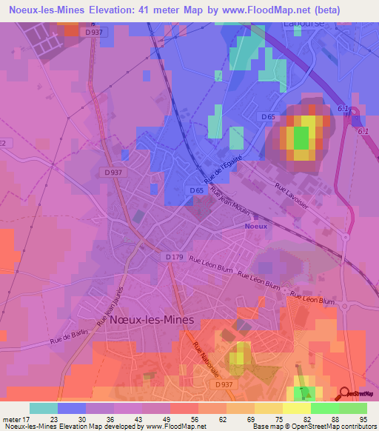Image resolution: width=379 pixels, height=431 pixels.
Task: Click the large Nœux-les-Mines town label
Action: pos(151,320)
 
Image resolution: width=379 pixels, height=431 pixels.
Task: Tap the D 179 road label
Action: pos(174,257)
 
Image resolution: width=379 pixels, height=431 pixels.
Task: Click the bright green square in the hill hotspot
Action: pos(301,138)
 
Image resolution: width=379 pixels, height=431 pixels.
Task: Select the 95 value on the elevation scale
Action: pos(363,419)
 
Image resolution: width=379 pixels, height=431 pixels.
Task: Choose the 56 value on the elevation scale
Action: pos(193,419)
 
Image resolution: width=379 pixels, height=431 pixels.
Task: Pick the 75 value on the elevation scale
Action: pos(278,419)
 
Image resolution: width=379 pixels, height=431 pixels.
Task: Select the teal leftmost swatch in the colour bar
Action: pos(43,408)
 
